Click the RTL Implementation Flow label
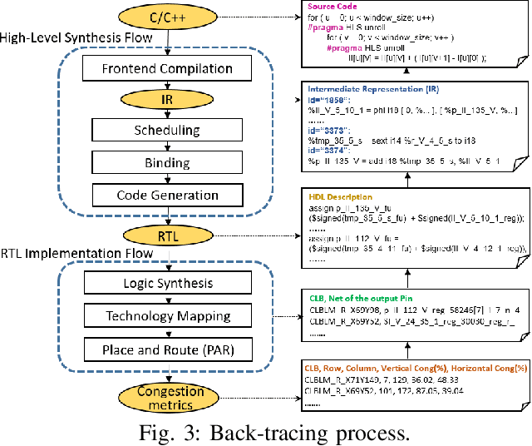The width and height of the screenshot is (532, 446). [76, 252]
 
